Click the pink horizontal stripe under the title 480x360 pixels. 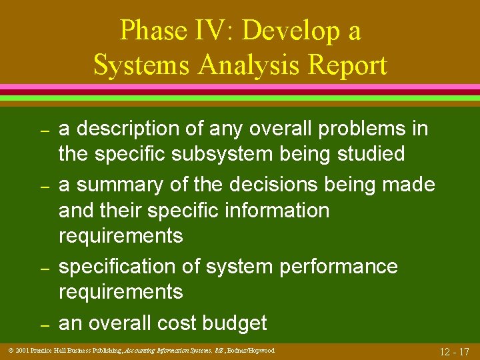click(240, 87)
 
